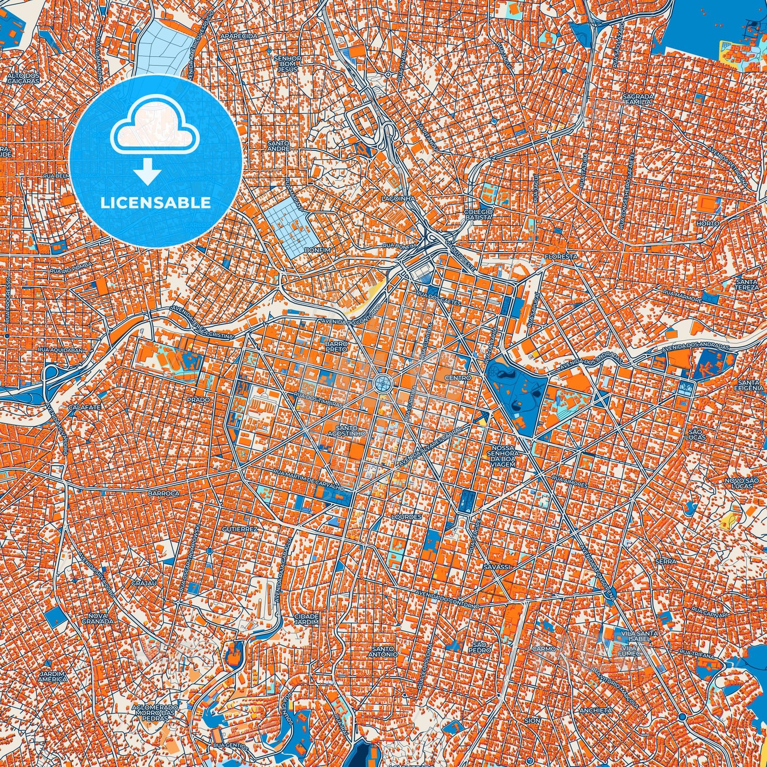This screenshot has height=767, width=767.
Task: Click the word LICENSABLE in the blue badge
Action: click(156, 203)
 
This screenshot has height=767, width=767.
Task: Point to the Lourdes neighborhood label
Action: click(406, 516)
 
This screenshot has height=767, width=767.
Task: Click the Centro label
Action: click(458, 378)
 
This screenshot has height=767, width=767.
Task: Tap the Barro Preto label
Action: click(337, 347)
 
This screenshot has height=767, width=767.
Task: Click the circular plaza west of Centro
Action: click(382, 382)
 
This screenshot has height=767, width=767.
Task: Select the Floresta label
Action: click(561, 256)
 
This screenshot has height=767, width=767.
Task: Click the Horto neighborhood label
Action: click(708, 224)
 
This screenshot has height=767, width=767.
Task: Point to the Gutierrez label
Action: click(239, 530)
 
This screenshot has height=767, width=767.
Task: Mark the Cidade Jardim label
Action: click(306, 619)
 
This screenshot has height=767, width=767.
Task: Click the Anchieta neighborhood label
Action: click(596, 710)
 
